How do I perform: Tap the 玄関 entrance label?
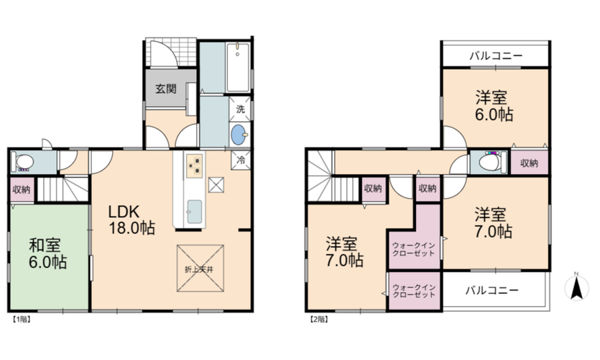pyautogui.click(x=166, y=89)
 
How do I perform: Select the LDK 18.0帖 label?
pyautogui.click(x=131, y=219)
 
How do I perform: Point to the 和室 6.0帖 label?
pyautogui.click(x=47, y=253)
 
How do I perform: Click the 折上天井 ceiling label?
pyautogui.click(x=199, y=269)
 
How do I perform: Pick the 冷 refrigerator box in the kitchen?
pyautogui.click(x=241, y=160)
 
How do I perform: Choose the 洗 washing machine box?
pyautogui.click(x=240, y=109)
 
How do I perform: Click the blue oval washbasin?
pyautogui.click(x=239, y=135)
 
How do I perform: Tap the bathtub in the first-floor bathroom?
pyautogui.click(x=237, y=67)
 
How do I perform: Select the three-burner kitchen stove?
pyautogui.click(x=195, y=165)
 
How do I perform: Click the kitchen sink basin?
pyautogui.click(x=195, y=211)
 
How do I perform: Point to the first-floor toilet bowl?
pyautogui.click(x=23, y=162)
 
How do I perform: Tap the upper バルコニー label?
pyautogui.click(x=496, y=56)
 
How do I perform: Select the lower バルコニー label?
pyautogui.click(x=492, y=291)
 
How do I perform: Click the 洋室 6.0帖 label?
pyautogui.click(x=493, y=106)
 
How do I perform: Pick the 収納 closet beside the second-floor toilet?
pyautogui.click(x=529, y=163)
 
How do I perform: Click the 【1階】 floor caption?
pyautogui.click(x=21, y=319)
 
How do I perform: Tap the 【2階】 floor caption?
pyautogui.click(x=319, y=319)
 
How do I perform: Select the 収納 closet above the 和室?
pyautogui.click(x=21, y=189)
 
